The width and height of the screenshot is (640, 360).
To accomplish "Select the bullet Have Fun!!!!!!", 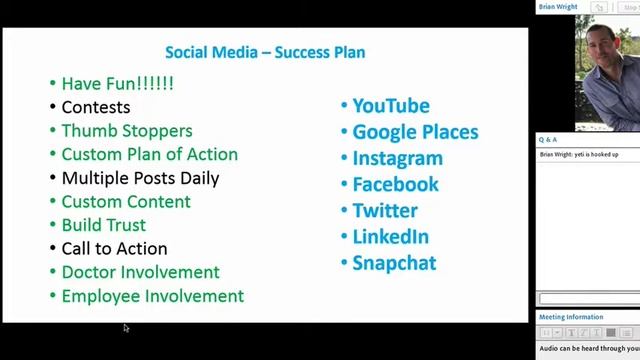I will coord(117,84).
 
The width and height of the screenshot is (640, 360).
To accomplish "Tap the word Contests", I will coord(95,107).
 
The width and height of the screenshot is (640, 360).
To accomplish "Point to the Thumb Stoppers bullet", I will coord(126,131).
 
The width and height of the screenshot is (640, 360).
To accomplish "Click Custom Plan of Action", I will coord(149,154).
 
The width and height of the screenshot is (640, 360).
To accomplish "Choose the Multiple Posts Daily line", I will coord(140,178).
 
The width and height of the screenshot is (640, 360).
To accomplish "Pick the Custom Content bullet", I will coord(125,201).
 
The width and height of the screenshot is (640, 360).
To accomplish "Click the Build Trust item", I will coord(103,225).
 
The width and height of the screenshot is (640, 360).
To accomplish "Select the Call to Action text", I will coord(114,248).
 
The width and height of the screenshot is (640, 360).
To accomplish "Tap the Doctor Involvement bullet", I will coord(140,272).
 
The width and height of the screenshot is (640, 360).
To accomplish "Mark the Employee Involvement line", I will coord(152,296).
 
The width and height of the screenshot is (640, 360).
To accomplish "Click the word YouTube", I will coord(390,106).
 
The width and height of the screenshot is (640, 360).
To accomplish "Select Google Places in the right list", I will coord(415,132).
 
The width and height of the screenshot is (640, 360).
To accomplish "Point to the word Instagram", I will coord(397,158).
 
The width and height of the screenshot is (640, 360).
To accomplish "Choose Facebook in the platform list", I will coord(395,184).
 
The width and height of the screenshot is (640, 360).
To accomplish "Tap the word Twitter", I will coord(385,210).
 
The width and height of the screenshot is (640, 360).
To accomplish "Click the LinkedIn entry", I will coord(390,237).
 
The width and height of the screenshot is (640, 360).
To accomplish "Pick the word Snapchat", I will coord(394,263).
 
